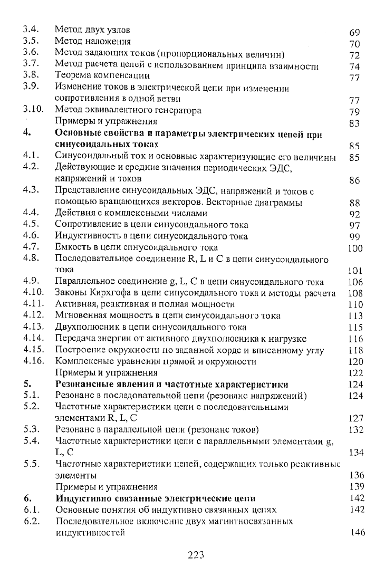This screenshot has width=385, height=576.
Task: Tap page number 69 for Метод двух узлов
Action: click(354, 33)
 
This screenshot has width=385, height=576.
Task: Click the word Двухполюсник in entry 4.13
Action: click(84, 327)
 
